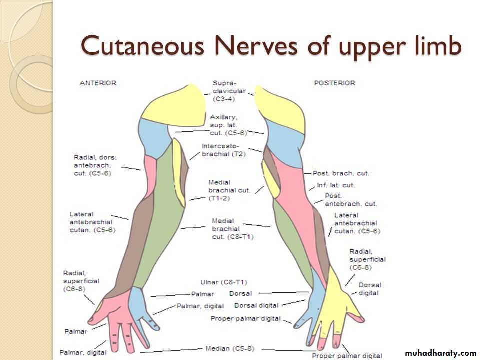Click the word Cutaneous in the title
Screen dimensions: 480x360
[143, 46]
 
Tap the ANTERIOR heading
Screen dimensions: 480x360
[98, 83]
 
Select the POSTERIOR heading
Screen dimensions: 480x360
[335, 83]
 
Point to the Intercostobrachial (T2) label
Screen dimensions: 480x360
[224, 150]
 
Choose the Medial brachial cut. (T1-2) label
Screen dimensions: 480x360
[229, 190]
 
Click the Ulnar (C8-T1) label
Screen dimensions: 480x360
[224, 282]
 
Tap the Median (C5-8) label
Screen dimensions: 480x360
[230, 348]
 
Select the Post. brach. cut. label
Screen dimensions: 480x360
[341, 173]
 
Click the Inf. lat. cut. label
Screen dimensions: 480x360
[336, 185]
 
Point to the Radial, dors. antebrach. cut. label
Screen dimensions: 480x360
[95, 165]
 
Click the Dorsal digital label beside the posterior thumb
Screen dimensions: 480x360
[370, 289]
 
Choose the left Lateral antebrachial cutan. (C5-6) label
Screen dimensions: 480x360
[93, 222]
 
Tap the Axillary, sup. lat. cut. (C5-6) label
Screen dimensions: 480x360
[228, 125]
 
